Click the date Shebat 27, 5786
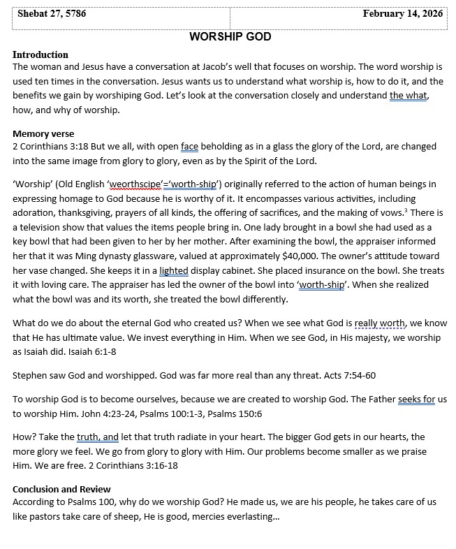pos(52,14)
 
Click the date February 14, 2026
pos(403,14)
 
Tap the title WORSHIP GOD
pos(230,36)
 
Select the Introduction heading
pos(41,54)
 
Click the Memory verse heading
pos(43,133)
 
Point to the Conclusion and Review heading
pos(61,489)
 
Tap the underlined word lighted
pos(174,270)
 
